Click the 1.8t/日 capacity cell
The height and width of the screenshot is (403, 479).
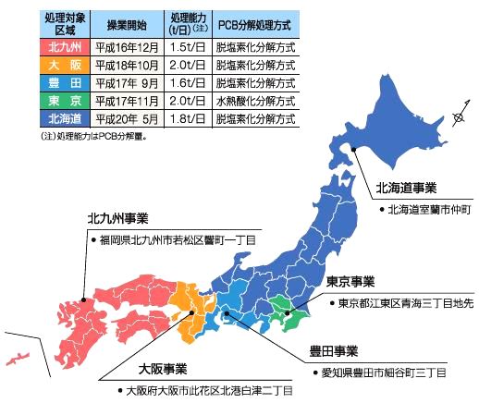pos(188,118)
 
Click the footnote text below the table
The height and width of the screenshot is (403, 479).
pos(93,136)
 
